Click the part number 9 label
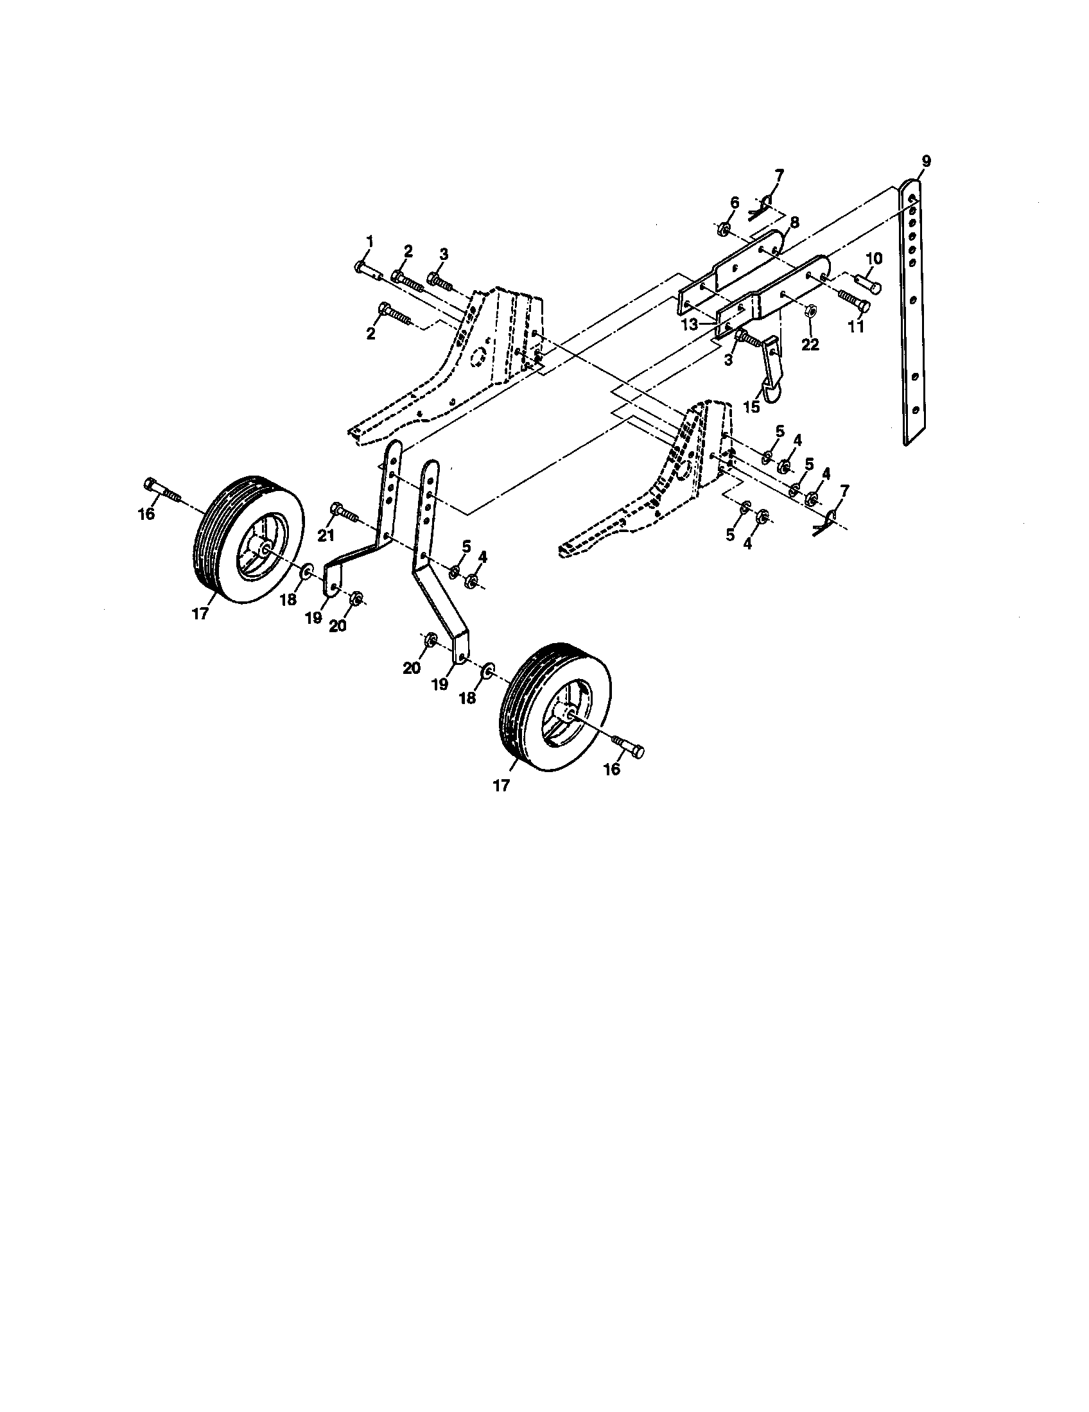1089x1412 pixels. pyautogui.click(x=927, y=162)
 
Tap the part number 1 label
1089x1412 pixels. pyautogui.click(x=370, y=241)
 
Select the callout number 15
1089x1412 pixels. pyautogui.click(x=751, y=408)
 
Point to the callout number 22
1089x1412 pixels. pyautogui.click(x=810, y=345)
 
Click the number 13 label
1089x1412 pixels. pyautogui.click(x=690, y=325)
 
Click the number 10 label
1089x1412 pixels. pyautogui.click(x=874, y=259)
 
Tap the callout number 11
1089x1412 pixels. pyautogui.click(x=856, y=327)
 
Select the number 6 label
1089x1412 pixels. pyautogui.click(x=734, y=202)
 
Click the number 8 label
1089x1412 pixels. pyautogui.click(x=794, y=223)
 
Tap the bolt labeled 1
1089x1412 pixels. pyautogui.click(x=367, y=270)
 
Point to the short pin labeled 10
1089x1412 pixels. pyautogui.click(x=868, y=282)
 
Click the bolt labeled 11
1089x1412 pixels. pyautogui.click(x=853, y=300)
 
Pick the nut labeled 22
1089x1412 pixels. pyautogui.click(x=809, y=313)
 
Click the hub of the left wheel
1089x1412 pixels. pyautogui.click(x=265, y=549)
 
